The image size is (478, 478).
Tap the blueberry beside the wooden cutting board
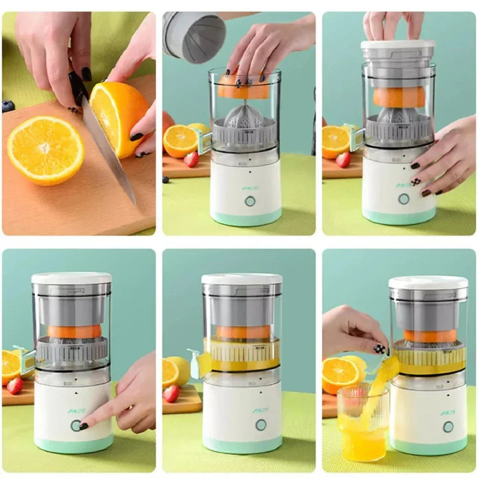(x=8, y=106)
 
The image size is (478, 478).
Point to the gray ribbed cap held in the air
(x=194, y=37)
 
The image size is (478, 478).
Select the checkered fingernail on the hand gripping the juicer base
(x=416, y=182)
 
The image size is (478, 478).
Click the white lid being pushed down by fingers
(x=398, y=44)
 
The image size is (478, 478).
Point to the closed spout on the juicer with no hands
(x=196, y=363)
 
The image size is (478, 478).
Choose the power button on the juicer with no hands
(x=261, y=424)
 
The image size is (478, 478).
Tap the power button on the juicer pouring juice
(x=448, y=426)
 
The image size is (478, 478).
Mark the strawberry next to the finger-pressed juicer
(x=14, y=386)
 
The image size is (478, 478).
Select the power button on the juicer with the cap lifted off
(x=250, y=201)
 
